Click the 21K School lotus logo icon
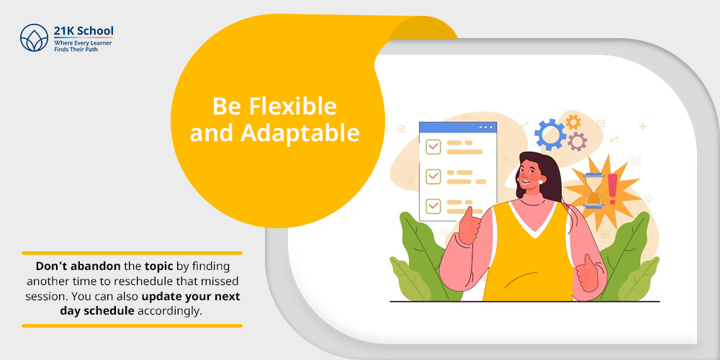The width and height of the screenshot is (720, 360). click(x=34, y=37)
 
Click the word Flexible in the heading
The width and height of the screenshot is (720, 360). click(x=293, y=107)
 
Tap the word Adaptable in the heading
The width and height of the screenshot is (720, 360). click(x=300, y=132)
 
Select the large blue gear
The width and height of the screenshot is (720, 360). click(x=550, y=134)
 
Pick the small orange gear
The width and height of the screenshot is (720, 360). click(x=573, y=122)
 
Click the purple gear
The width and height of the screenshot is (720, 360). click(x=577, y=142)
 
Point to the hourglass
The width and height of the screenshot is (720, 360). click(x=594, y=191)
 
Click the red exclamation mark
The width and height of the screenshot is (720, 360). click(x=613, y=189)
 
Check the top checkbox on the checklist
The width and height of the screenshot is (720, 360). click(x=433, y=146)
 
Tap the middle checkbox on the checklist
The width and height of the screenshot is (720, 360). click(x=433, y=176)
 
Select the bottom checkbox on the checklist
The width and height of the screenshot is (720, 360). click(x=433, y=206)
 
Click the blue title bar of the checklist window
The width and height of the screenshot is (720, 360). click(x=458, y=127)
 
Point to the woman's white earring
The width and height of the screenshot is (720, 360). click(x=541, y=182)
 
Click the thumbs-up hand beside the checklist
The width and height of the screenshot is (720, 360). click(x=469, y=226)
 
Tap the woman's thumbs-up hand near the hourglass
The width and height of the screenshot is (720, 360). click(x=588, y=273)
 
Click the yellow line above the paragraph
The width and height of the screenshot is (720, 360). click(x=132, y=253)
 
